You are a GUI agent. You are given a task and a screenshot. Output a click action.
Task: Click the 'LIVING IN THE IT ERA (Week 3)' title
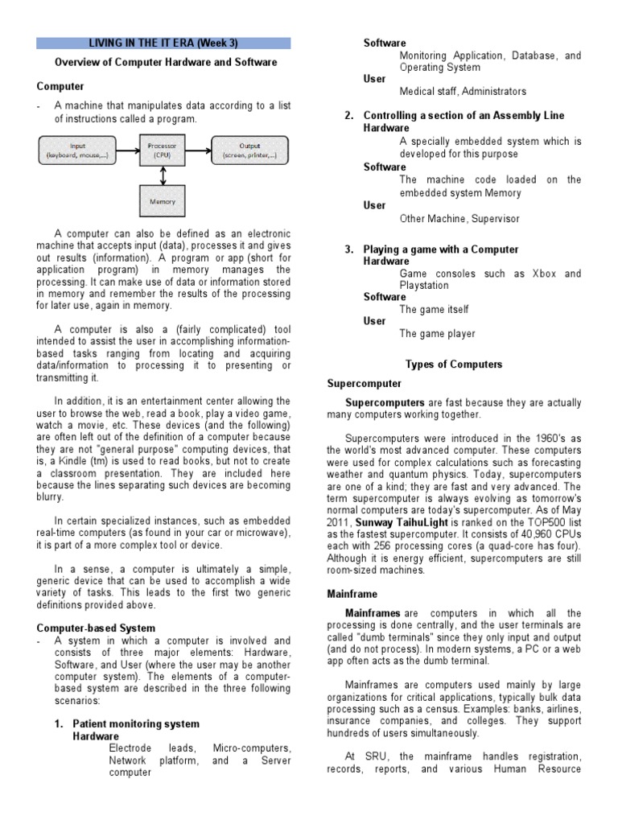point(163,43)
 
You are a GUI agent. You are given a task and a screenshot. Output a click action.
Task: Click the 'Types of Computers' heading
point(454,365)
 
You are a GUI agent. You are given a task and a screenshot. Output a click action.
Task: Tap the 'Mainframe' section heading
point(352,594)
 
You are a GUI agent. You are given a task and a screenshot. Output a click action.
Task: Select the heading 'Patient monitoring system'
point(136,724)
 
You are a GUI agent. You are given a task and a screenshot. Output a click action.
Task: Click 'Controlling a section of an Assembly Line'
point(463,116)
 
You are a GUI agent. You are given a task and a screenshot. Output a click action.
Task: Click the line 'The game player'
point(437,334)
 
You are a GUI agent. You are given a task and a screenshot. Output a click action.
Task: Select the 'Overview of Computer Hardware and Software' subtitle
point(166,62)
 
